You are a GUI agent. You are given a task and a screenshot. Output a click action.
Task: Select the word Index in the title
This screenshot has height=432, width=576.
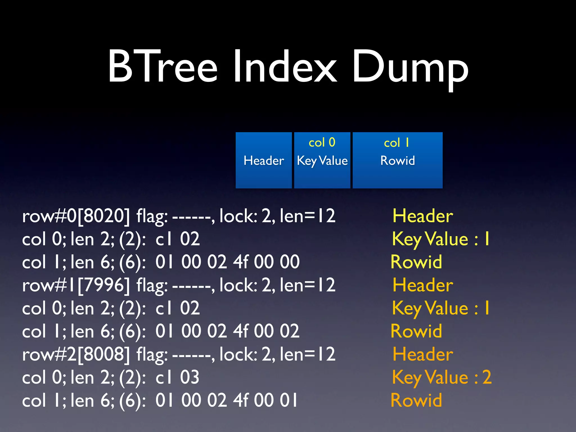[285, 67]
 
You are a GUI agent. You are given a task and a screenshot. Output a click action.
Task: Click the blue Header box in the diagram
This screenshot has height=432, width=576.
[264, 160]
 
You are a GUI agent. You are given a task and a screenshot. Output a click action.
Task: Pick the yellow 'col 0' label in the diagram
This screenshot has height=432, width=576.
[322, 143]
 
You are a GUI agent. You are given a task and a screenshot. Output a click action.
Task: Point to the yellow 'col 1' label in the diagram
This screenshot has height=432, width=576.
[397, 143]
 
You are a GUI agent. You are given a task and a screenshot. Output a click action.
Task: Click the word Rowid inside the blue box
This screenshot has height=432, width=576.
[397, 161]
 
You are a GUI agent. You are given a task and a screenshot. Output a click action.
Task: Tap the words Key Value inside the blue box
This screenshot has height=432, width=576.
[322, 161]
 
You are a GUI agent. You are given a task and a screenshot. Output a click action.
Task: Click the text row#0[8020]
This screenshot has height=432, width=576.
[76, 216]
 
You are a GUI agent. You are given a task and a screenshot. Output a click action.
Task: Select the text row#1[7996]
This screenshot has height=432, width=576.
[76, 285]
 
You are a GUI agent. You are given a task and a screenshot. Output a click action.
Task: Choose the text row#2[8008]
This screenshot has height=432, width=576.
[76, 354]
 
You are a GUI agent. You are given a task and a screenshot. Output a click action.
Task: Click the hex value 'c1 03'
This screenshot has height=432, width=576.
[177, 377]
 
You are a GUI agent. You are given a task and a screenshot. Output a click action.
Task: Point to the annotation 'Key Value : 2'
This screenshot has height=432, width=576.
[442, 377]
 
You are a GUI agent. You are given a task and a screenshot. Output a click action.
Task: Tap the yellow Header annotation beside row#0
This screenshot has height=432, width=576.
[423, 216]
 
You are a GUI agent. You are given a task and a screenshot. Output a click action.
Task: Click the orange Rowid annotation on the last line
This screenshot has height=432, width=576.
[416, 400]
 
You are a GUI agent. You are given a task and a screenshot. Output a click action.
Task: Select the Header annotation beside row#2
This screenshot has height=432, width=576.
[423, 354]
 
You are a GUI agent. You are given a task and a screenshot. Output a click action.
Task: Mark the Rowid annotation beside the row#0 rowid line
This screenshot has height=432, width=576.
[416, 262]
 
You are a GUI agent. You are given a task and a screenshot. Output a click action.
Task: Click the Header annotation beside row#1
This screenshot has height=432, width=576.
[423, 285]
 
